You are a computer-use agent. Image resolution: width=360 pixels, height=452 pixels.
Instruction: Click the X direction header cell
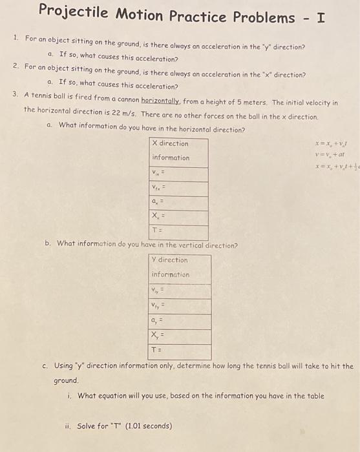tap(171, 143)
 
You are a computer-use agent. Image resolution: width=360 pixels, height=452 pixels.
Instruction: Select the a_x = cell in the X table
tap(178, 203)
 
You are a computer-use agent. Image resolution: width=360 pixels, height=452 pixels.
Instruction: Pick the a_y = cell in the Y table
tap(180, 321)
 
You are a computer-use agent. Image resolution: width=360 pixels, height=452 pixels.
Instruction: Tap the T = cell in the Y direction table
tap(180, 352)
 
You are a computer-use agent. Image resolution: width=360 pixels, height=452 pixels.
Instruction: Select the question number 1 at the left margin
tap(16, 38)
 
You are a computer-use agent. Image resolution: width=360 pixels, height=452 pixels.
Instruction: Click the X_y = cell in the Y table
tap(180, 336)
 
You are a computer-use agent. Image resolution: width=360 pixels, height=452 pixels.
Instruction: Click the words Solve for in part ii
tap(94, 427)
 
